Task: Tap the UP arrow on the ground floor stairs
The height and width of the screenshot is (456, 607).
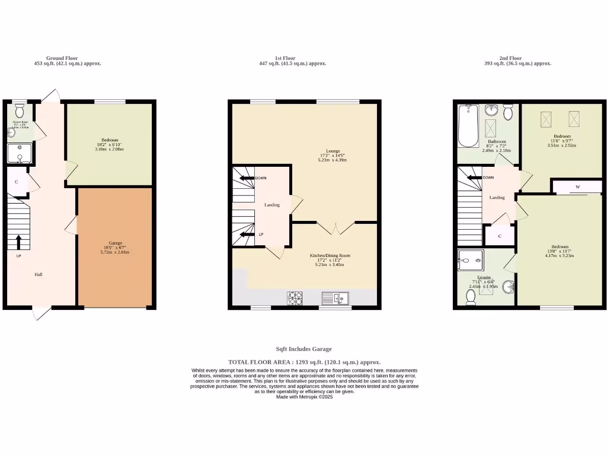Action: [x=18, y=241]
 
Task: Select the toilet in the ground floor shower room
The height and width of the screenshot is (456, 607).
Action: [x=19, y=111]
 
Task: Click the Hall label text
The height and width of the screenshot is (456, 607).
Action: [x=39, y=274]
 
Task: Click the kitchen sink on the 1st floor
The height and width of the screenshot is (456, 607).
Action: [x=336, y=298]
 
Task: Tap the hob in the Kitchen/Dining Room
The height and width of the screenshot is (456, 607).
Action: [x=295, y=298]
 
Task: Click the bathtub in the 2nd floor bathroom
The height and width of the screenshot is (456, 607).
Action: [x=468, y=126]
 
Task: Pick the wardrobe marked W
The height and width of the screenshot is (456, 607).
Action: [x=577, y=187]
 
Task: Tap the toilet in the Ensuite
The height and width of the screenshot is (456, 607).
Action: [x=471, y=297]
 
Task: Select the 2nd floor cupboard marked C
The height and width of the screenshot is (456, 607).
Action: [x=500, y=236]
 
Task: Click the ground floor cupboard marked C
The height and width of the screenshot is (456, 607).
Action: [x=17, y=182]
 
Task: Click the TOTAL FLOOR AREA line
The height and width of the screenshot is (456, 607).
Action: [x=304, y=362]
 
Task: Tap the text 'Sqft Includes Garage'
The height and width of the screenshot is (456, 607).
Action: [x=303, y=349]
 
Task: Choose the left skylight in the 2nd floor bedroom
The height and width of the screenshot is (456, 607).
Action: [x=545, y=119]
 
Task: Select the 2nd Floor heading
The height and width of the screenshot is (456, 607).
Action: [x=510, y=58]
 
